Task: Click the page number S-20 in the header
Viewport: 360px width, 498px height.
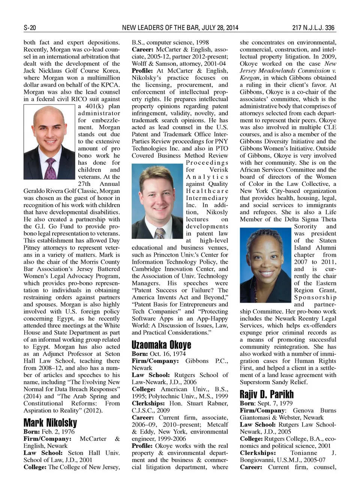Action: [x=30, y=28]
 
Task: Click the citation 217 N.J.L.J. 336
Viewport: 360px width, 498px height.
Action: [x=313, y=28]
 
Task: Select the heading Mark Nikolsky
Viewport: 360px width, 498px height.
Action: [x=50, y=423]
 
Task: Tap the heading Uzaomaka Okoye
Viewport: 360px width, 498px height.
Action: [x=161, y=345]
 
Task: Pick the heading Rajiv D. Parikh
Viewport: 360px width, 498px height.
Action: [x=267, y=394]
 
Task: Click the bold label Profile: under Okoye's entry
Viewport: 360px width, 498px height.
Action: [x=142, y=446]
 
